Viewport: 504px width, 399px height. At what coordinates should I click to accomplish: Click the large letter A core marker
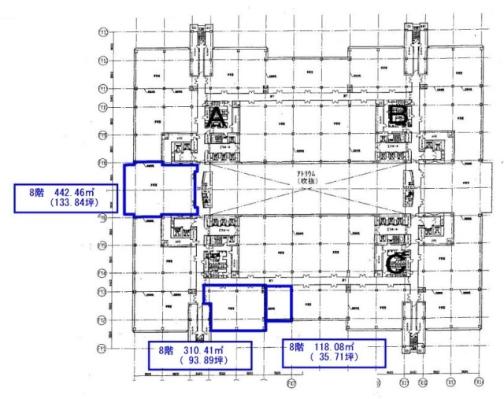tap(217, 119)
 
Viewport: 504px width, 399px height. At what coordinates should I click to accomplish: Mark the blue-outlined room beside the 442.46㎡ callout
tap(160, 189)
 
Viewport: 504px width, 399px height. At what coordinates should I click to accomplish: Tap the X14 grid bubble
tap(478, 383)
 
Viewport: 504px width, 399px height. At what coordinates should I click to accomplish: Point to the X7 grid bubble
tap(291, 384)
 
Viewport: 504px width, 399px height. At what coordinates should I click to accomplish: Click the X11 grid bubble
tap(405, 383)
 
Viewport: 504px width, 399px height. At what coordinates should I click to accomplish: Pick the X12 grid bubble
tap(424, 383)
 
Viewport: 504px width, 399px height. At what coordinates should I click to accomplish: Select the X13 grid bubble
tap(450, 383)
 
